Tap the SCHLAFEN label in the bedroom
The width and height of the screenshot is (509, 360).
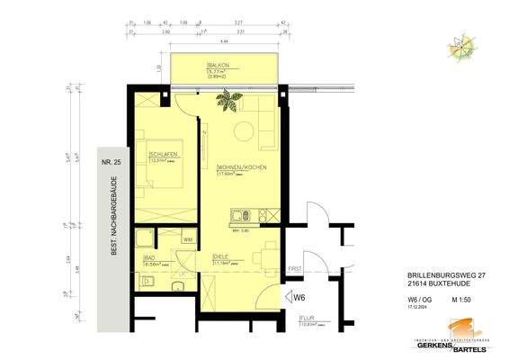click(163, 154)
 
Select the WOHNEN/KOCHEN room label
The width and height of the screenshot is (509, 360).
click(241, 168)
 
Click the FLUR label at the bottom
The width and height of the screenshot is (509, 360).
click(307, 318)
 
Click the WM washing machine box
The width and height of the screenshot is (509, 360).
click(188, 239)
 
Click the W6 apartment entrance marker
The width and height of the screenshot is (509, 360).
click(297, 297)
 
